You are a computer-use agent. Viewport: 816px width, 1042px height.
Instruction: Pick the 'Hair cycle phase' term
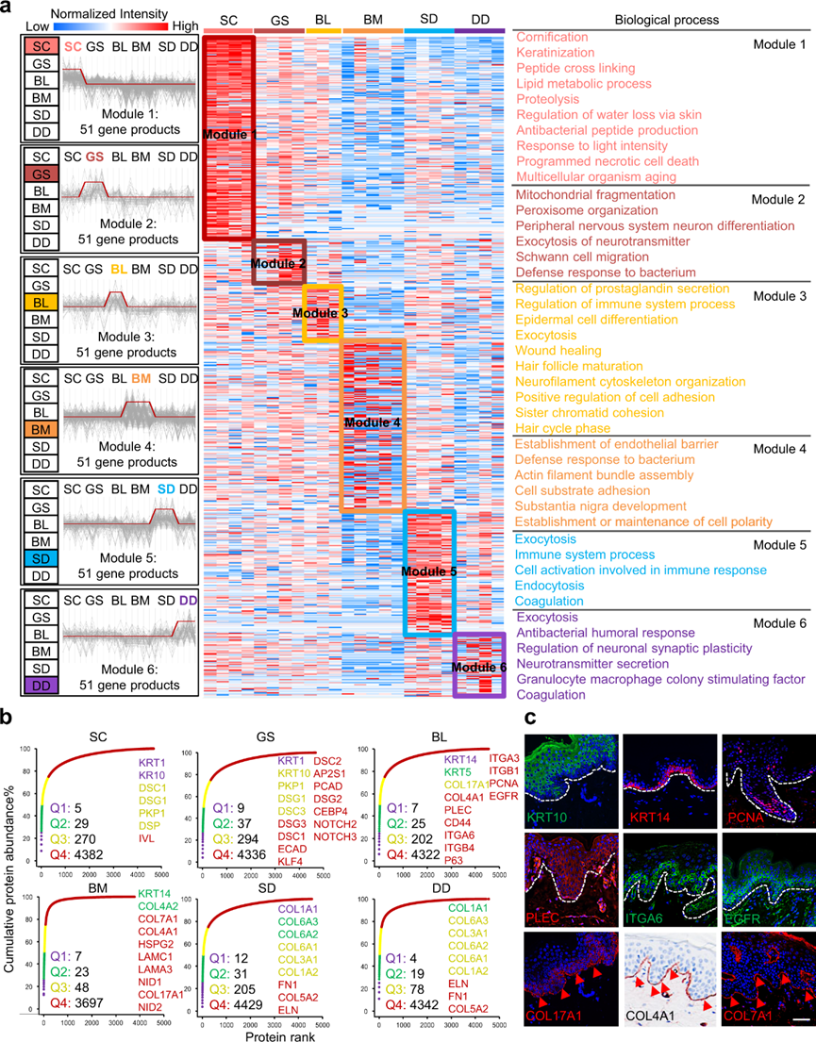click(x=565, y=429)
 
